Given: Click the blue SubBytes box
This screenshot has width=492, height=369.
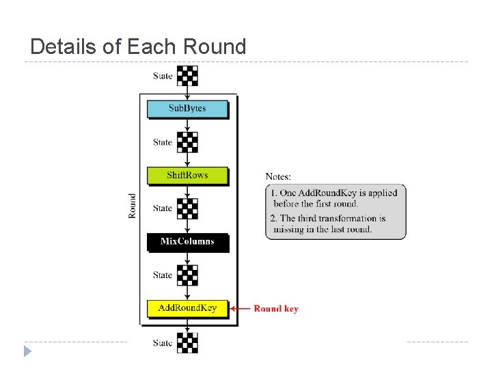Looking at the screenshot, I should pyautogui.click(x=187, y=109).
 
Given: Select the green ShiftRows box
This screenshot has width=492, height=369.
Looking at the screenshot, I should pyautogui.click(x=187, y=175).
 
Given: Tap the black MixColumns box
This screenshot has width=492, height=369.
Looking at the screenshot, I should pyautogui.click(x=187, y=241).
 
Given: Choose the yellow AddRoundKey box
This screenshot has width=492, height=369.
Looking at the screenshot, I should pyautogui.click(x=187, y=308).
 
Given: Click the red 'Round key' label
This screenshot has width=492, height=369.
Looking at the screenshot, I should pyautogui.click(x=276, y=309).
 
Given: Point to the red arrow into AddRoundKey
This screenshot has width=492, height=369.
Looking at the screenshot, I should pyautogui.click(x=240, y=309).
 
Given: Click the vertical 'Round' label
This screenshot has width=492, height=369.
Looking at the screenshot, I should pyautogui.click(x=133, y=206).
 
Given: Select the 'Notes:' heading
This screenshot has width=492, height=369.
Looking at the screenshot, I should pyautogui.click(x=278, y=177).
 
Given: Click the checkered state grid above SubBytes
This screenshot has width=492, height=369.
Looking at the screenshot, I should pyautogui.click(x=187, y=75).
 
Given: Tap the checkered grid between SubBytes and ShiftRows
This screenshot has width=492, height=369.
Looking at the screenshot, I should pyautogui.click(x=187, y=142).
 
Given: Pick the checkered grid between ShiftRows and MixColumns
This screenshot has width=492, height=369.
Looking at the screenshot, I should pyautogui.click(x=187, y=208).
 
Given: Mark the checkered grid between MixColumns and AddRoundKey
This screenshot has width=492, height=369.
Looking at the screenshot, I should pyautogui.click(x=187, y=275).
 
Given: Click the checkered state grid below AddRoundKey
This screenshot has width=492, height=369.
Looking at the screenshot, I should pyautogui.click(x=187, y=342).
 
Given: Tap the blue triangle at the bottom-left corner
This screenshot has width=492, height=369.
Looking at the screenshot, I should pyautogui.click(x=27, y=351).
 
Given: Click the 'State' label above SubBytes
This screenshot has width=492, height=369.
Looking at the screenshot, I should pyautogui.click(x=163, y=76).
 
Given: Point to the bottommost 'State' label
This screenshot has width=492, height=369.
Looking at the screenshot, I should pyautogui.click(x=163, y=343).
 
